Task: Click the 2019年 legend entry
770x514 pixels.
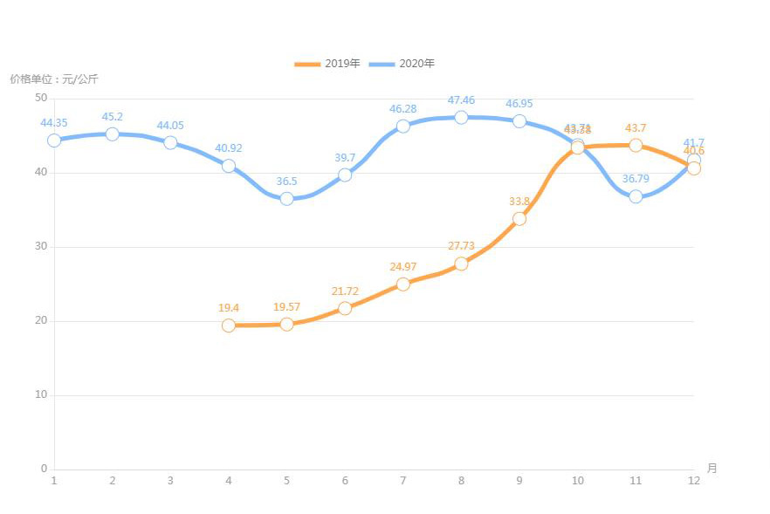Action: pyautogui.click(x=328, y=64)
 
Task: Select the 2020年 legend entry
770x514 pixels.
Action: pyautogui.click(x=402, y=64)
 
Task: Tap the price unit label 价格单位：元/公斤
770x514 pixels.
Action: pyautogui.click(x=54, y=79)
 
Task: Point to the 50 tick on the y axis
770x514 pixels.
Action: pyautogui.click(x=41, y=98)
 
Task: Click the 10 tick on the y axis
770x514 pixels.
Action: pyautogui.click(x=41, y=394)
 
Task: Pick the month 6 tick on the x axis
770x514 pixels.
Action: pyautogui.click(x=345, y=481)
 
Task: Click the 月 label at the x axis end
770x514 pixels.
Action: pyautogui.click(x=712, y=469)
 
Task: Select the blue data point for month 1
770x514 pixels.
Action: pyautogui.click(x=54, y=140)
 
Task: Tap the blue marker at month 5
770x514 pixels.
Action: pyautogui.click(x=286, y=198)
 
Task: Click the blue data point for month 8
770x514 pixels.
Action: pyautogui.click(x=461, y=117)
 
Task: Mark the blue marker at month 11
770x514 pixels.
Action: pyautogui.click(x=636, y=196)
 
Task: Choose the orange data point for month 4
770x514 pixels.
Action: pyautogui.click(x=229, y=326)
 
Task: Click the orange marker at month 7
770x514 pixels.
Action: pyautogui.click(x=402, y=284)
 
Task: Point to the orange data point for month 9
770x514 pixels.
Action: pyautogui.click(x=519, y=218)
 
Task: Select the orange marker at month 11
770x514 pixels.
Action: pyautogui.click(x=636, y=145)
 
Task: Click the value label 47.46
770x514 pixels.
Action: pyautogui.click(x=461, y=100)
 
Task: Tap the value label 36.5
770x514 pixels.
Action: pyautogui.click(x=286, y=182)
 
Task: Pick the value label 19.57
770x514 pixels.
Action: pyautogui.click(x=286, y=307)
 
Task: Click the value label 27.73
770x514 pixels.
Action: pyautogui.click(x=461, y=246)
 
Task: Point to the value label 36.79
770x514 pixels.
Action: pyautogui.click(x=636, y=179)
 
